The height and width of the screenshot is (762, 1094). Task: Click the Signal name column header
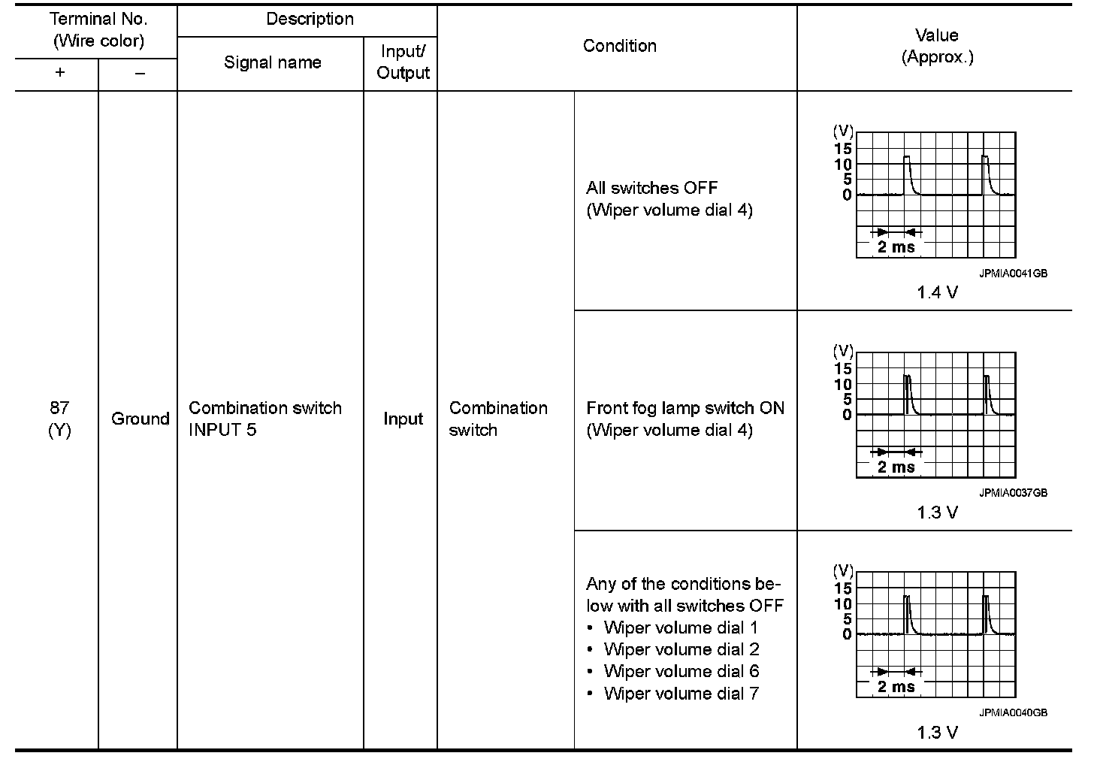[x=272, y=62]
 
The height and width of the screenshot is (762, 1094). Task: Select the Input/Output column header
[x=403, y=62]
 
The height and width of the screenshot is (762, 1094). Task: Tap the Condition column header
[x=619, y=46]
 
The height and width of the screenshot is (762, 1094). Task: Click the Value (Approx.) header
[x=936, y=46]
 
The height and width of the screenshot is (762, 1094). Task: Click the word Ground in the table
[x=140, y=419]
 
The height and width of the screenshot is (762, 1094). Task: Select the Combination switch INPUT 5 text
[x=264, y=419]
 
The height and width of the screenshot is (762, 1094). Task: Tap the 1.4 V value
[x=937, y=292]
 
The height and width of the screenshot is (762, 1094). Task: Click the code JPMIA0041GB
[x=1012, y=274]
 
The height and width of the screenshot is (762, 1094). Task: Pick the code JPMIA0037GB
[x=1012, y=493]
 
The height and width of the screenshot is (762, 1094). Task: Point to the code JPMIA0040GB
[x=1012, y=712]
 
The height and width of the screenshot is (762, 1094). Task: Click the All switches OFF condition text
[x=651, y=188]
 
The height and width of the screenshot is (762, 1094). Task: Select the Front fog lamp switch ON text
[x=685, y=408]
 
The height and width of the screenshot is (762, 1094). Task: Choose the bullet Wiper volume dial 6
[x=681, y=671]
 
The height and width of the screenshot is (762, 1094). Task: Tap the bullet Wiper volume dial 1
[x=680, y=627]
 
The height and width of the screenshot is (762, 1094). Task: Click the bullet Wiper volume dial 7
[x=681, y=693]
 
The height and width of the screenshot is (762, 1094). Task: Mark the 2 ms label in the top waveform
[x=896, y=246]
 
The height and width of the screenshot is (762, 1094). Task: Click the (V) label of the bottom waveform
[x=843, y=570]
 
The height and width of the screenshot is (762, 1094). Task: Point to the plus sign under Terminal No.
[x=59, y=73]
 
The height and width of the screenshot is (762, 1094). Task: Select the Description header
[x=310, y=19]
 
